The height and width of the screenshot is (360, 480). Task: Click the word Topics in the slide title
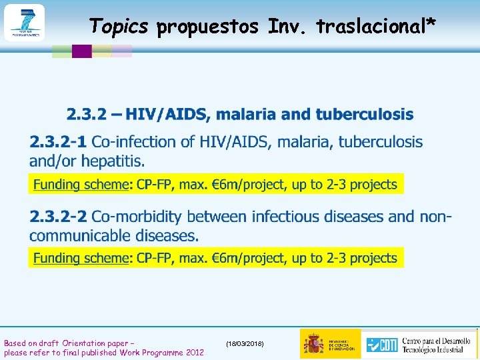(119, 26)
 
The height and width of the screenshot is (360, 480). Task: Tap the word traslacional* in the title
(377, 26)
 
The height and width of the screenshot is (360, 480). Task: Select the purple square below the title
(81, 51)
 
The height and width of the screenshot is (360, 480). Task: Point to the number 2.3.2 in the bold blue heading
(85, 115)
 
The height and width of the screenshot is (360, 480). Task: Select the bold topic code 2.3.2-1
(58, 142)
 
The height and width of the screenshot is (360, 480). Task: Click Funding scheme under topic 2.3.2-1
(80, 184)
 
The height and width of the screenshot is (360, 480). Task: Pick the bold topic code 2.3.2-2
(58, 217)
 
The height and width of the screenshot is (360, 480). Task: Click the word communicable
(79, 235)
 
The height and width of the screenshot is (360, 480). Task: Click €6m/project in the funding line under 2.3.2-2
(245, 258)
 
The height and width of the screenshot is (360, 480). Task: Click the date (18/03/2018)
(245, 343)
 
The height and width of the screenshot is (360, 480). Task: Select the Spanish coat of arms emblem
(313, 344)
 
